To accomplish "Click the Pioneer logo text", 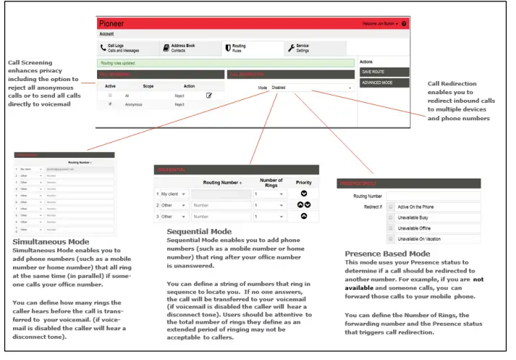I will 114,24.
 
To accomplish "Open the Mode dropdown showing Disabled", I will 312,88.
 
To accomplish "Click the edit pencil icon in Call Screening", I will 208,95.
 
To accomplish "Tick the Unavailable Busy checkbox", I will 392,217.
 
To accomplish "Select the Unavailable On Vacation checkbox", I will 392,238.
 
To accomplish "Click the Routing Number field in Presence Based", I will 432,196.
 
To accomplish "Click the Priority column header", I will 303,182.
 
